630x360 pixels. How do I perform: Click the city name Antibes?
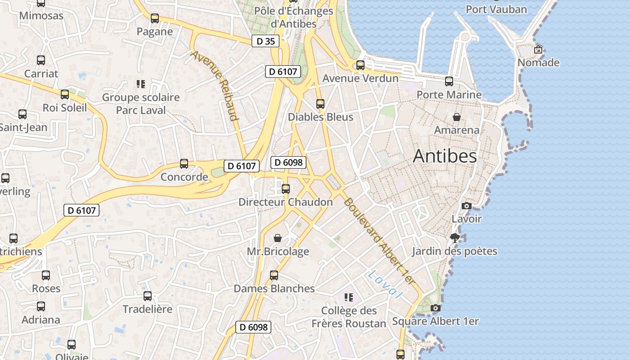pyautogui.click(x=445, y=156)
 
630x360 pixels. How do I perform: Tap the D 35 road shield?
pyautogui.click(x=265, y=41)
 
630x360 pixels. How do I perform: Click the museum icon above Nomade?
pyautogui.click(x=538, y=49)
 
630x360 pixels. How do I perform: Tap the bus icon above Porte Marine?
pyautogui.click(x=449, y=81)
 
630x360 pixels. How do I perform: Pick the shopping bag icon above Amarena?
pyautogui.click(x=457, y=117)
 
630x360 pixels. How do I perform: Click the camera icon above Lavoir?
pyautogui.click(x=467, y=206)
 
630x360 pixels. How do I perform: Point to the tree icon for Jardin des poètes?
pyautogui.click(x=455, y=238)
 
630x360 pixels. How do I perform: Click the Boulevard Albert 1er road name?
pyautogui.click(x=378, y=241)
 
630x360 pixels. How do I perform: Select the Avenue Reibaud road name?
pyautogui.click(x=214, y=85)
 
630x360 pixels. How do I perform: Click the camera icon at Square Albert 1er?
pyautogui.click(x=435, y=308)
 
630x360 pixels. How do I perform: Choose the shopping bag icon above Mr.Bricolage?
pyautogui.click(x=278, y=238)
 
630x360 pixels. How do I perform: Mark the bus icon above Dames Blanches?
pyautogui.click(x=274, y=275)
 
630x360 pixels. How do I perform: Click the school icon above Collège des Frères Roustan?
pyautogui.click(x=348, y=297)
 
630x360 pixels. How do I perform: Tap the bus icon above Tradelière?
pyautogui.click(x=148, y=296)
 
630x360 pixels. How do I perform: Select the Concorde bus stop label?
pyautogui.click(x=184, y=177)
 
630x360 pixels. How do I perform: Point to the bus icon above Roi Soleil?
pyautogui.click(x=65, y=94)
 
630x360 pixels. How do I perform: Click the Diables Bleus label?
pyautogui.click(x=320, y=117)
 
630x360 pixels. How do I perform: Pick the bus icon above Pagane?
pyautogui.click(x=155, y=18)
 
